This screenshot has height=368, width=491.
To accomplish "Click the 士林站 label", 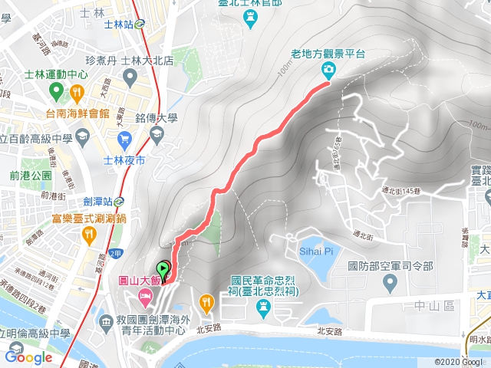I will click(x=117, y=24).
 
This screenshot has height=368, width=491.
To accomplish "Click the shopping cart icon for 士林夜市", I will click(x=124, y=139).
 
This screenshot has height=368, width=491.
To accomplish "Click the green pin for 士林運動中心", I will click(x=54, y=92).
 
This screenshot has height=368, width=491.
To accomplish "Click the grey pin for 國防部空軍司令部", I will click(x=390, y=284).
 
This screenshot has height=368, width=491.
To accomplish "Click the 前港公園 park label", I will click(x=31, y=176).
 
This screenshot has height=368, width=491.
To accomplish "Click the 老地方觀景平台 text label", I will click(x=330, y=54).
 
